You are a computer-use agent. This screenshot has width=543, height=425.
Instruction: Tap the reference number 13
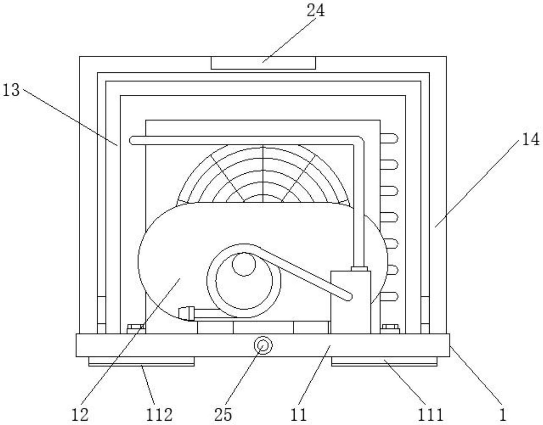point(11,90)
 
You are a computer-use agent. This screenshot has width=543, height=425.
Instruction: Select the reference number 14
point(530,139)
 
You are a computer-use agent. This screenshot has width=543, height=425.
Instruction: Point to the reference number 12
point(80,414)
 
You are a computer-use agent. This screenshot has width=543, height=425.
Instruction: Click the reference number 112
point(159,414)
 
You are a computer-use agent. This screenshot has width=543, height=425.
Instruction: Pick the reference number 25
point(223,414)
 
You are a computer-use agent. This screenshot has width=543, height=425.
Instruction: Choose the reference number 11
point(299,414)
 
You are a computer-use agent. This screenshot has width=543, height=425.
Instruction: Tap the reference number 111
point(430,414)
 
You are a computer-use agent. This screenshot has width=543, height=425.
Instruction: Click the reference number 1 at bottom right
point(503,414)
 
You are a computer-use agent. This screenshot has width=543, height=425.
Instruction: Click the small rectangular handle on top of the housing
point(263,63)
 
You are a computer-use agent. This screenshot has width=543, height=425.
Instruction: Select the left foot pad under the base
point(141,361)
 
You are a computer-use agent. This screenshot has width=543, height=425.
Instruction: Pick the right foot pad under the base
point(384,361)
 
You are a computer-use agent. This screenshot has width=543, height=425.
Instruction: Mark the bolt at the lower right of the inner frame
point(390,328)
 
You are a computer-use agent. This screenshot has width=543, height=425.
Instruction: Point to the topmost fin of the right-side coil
point(389,139)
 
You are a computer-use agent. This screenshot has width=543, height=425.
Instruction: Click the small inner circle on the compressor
point(244,264)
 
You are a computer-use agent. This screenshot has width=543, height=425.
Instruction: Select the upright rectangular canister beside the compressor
point(350,302)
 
